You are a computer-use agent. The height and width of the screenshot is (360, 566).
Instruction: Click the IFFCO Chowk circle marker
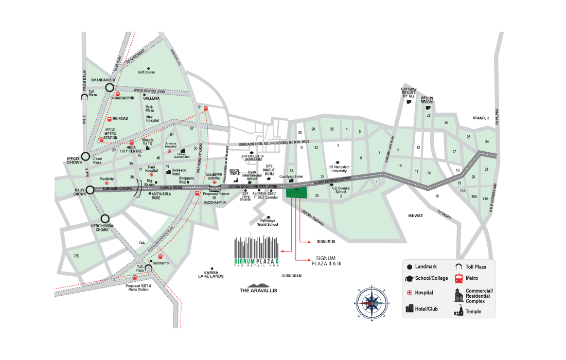(x=86, y=157)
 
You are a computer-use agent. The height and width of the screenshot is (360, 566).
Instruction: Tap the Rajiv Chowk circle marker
(x=90, y=190)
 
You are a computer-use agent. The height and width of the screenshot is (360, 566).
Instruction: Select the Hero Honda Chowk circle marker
(x=105, y=219)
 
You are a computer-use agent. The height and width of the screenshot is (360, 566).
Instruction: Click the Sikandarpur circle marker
(x=109, y=88)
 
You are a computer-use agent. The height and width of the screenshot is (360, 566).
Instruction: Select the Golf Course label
(x=146, y=73)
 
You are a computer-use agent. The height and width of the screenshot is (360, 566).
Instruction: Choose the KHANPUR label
(x=481, y=118)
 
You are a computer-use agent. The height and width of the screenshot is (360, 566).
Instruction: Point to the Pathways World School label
(x=268, y=222)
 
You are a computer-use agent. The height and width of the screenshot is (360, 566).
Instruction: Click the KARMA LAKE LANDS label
(x=211, y=274)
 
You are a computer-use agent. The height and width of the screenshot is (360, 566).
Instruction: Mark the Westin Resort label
(x=427, y=100)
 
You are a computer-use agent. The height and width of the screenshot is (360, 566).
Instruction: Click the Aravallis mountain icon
(x=258, y=285)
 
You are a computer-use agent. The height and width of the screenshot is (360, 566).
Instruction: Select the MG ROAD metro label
(x=119, y=118)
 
